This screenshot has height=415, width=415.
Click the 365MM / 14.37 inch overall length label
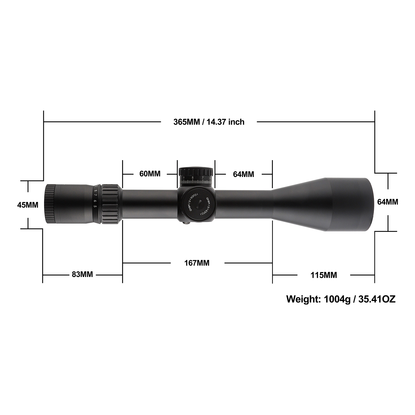[209, 122]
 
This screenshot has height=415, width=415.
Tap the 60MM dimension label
[150, 174]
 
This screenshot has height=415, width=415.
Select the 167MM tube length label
[197, 263]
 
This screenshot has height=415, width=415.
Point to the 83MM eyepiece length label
[82, 274]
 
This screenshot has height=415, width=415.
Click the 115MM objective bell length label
[324, 275]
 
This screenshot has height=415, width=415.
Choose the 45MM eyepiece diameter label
[28, 205]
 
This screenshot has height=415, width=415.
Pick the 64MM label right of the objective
[388, 202]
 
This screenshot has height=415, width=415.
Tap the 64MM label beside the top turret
[244, 174]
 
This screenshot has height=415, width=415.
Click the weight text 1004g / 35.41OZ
[341, 299]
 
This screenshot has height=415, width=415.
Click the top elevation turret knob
[196, 175]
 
